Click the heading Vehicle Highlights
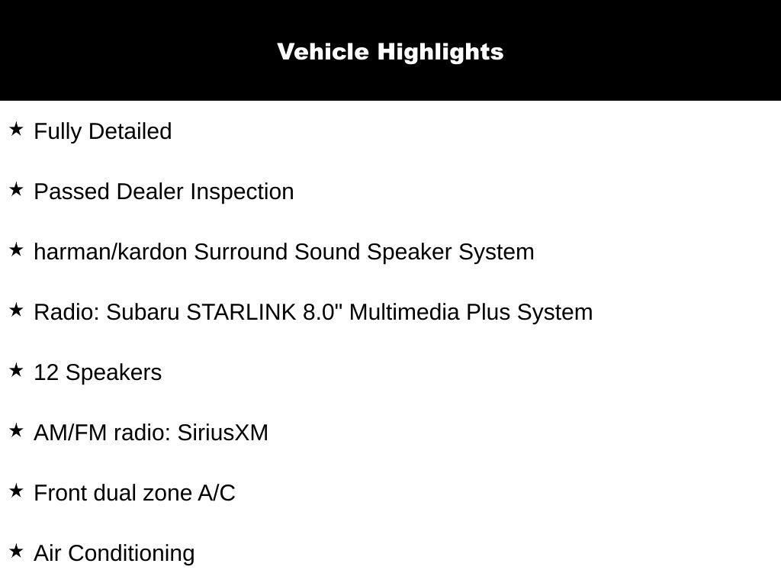point(390,52)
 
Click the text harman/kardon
point(111,252)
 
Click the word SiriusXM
point(223,433)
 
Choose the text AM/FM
point(71,433)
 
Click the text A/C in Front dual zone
point(217,493)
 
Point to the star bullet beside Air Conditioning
point(16,551)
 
